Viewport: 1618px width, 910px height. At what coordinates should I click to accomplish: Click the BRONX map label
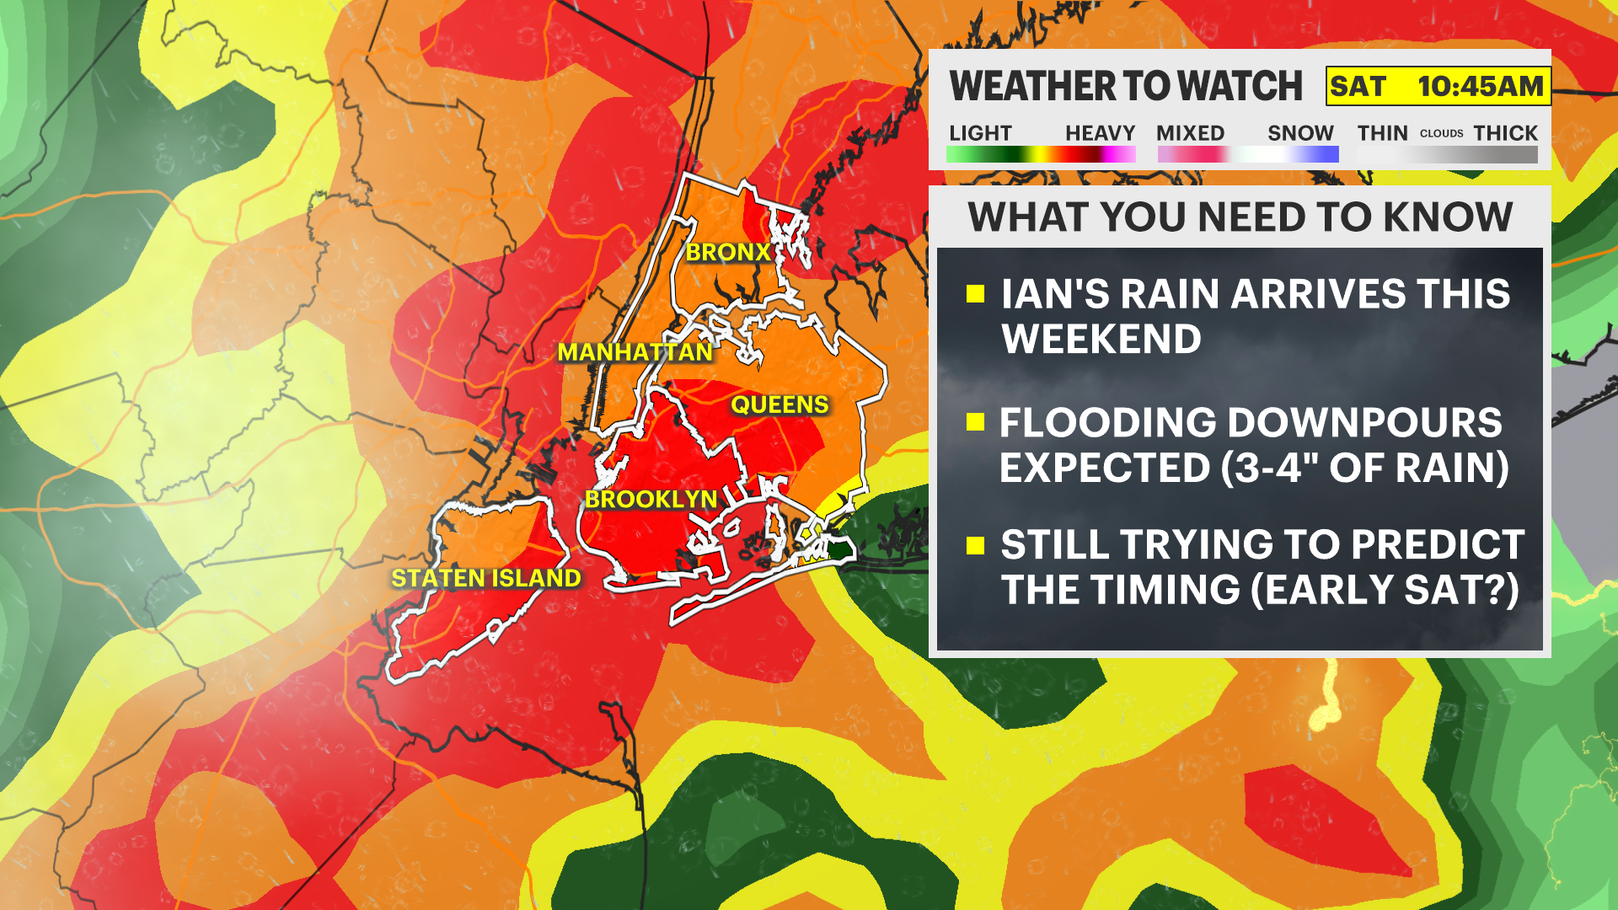[x=728, y=252]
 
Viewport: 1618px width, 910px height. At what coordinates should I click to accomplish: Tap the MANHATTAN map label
[x=635, y=352]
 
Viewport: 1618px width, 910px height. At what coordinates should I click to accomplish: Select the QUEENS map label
[x=780, y=405]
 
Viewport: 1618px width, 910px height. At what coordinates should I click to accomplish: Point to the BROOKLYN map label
[x=651, y=500]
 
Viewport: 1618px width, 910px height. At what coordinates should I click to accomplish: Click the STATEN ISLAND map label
[x=486, y=579]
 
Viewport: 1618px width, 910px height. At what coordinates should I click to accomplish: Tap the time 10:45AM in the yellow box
[x=1480, y=87]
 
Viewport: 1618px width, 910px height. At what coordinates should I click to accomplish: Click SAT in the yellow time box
[x=1358, y=87]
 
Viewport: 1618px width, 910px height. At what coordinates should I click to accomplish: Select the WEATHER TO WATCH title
[x=1126, y=87]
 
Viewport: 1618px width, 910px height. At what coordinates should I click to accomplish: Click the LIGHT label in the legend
[x=980, y=133]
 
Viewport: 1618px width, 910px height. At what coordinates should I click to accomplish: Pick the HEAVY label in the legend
[x=1100, y=133]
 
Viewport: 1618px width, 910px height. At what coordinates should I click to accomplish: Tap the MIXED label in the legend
[x=1190, y=133]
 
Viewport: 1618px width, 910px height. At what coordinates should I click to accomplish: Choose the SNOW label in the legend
[x=1300, y=133]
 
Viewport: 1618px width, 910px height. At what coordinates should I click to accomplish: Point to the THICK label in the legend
[x=1505, y=133]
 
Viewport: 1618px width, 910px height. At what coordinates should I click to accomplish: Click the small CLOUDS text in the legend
[x=1441, y=134]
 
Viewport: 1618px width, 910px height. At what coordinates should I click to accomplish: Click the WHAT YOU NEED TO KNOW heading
[x=1240, y=217]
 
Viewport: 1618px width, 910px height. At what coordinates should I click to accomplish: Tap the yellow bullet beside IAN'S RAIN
[x=976, y=294]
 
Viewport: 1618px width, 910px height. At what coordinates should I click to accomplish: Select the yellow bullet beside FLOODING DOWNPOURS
[x=976, y=422]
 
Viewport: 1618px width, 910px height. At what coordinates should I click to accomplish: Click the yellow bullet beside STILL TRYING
[x=976, y=546]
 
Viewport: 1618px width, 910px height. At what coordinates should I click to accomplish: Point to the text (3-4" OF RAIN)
[x=1365, y=468]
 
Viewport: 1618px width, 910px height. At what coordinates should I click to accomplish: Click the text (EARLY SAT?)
[x=1385, y=590]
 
